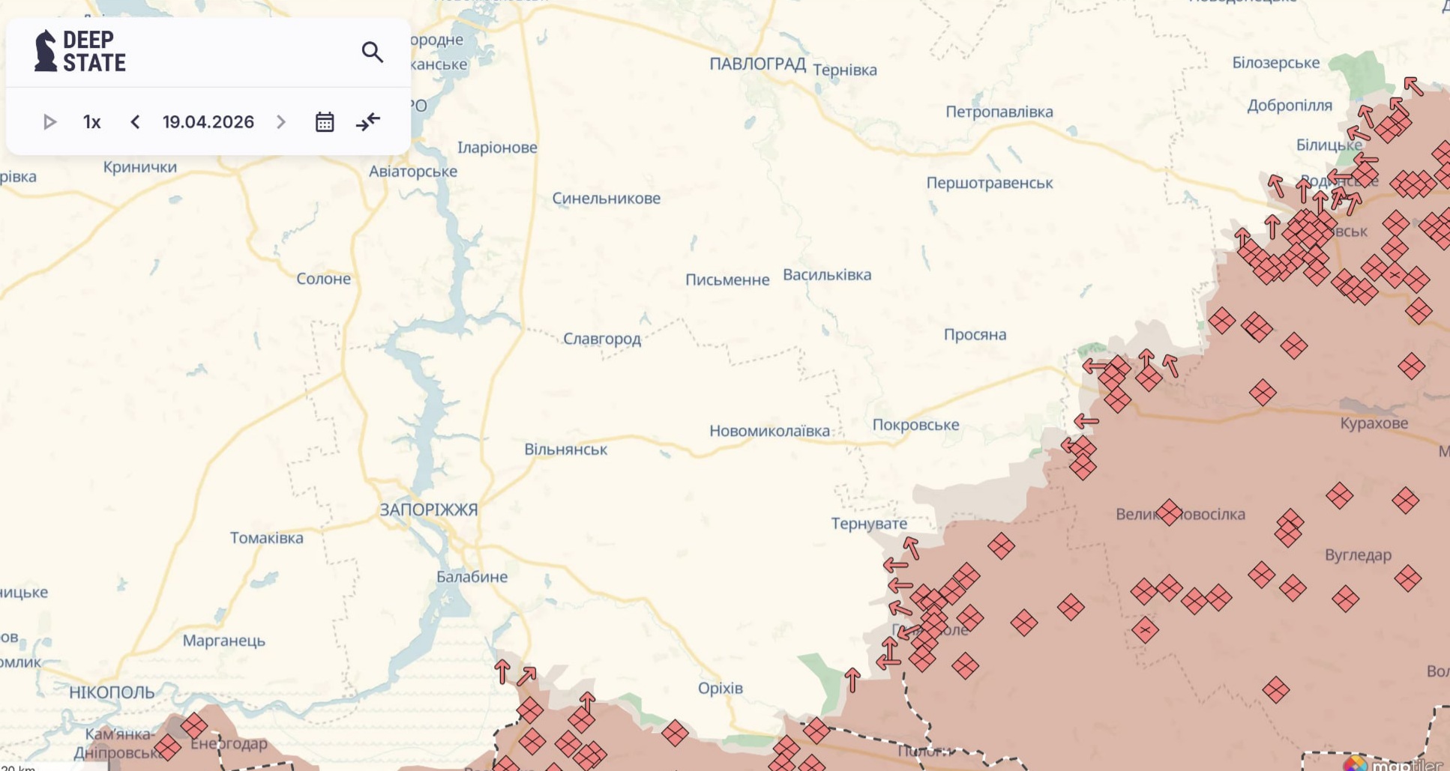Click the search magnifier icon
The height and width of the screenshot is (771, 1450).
point(372,52)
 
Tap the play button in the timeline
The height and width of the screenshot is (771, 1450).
point(49,122)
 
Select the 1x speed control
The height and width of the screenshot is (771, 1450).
point(91,122)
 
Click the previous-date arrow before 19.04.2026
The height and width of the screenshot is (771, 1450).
point(135,122)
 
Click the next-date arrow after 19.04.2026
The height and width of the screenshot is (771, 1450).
point(281,122)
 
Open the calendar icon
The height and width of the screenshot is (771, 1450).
point(325,122)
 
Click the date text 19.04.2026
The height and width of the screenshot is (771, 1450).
point(208,122)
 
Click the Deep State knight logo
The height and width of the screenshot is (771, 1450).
point(46,51)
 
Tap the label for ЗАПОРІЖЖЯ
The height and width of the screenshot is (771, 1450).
point(428,510)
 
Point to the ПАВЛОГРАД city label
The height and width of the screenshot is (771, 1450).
point(757,64)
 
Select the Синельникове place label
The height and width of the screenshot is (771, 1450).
point(606,199)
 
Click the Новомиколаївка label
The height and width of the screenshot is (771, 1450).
point(769,432)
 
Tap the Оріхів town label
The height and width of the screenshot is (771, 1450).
point(720,688)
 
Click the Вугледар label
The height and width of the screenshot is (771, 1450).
point(1358,555)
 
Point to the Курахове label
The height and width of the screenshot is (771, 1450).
point(1374,423)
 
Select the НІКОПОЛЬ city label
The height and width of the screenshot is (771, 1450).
point(112,692)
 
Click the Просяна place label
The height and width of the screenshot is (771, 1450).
point(975,335)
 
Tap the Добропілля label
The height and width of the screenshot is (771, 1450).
point(1289,106)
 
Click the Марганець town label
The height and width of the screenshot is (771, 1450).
point(223,641)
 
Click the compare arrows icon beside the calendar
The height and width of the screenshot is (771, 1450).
point(368,122)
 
